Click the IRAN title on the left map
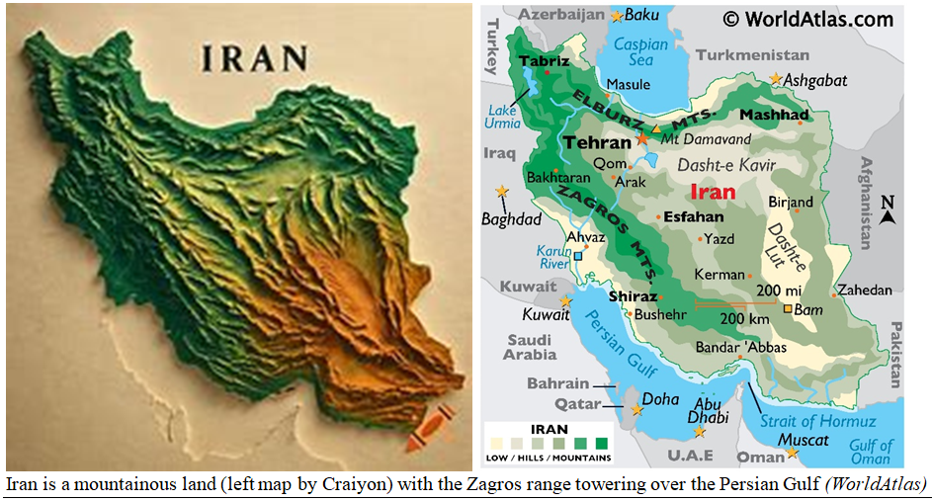[254, 58]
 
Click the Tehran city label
[596, 142]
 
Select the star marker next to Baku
[618, 16]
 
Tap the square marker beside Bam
[788, 309]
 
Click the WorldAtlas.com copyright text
[807, 19]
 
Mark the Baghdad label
[511, 218]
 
